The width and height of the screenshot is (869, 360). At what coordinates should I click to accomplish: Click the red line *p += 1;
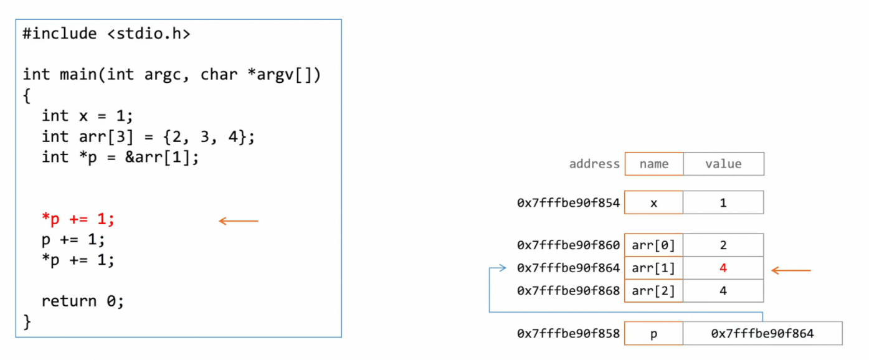click(78, 219)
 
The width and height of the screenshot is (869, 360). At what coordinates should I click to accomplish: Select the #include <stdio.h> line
click(106, 34)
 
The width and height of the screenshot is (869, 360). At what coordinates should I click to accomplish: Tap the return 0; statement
click(83, 301)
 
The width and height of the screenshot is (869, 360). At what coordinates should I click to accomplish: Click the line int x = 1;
click(87, 116)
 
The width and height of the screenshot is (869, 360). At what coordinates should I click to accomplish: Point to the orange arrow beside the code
click(238, 220)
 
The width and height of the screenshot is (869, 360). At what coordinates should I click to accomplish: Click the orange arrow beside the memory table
click(791, 270)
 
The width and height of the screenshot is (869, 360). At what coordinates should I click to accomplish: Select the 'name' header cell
click(653, 164)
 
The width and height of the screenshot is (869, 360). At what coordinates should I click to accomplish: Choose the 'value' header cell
click(723, 164)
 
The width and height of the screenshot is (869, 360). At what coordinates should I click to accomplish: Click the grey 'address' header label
click(594, 164)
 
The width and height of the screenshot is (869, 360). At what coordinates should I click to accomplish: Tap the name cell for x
click(653, 202)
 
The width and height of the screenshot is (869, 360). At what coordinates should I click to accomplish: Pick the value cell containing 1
click(723, 202)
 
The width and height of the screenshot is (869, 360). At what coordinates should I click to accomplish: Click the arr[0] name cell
click(653, 245)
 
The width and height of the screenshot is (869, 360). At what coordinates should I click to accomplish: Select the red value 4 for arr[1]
click(723, 268)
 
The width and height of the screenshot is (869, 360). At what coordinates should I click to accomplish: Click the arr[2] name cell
click(653, 291)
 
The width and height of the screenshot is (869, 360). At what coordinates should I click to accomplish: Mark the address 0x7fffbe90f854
click(568, 202)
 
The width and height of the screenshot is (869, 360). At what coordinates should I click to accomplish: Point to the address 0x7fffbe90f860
click(568, 245)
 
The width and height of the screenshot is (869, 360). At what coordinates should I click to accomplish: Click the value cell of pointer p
click(762, 333)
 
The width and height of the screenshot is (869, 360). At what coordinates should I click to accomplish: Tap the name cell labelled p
click(653, 333)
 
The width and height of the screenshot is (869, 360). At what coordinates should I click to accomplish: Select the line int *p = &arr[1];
click(120, 157)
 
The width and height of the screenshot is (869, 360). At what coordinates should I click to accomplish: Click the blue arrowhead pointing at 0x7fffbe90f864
click(502, 268)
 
